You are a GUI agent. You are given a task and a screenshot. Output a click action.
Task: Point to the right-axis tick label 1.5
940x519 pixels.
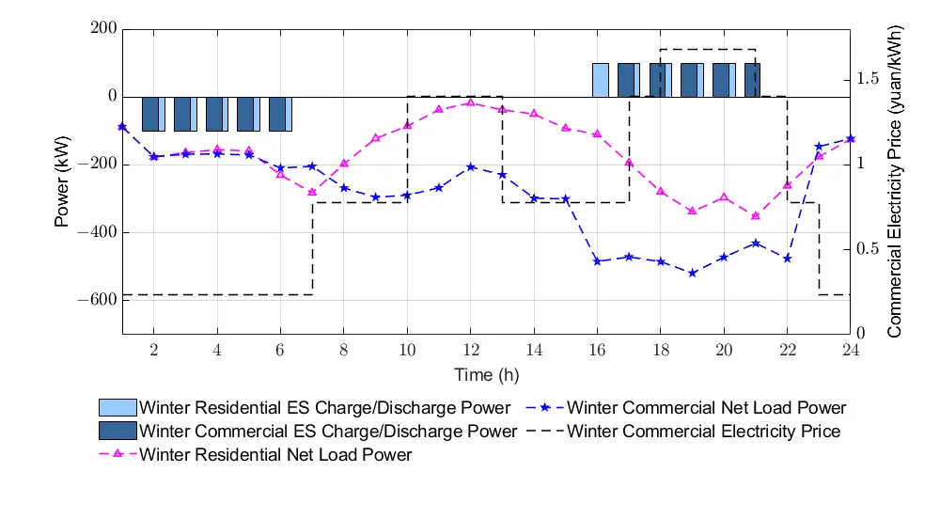868,79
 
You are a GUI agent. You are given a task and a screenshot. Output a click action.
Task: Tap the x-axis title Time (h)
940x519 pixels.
487,375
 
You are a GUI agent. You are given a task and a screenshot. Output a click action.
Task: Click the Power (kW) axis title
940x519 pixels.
63,181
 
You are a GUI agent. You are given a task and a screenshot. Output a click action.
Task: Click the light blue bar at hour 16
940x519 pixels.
600,80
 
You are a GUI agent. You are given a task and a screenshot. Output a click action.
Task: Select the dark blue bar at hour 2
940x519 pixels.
150,114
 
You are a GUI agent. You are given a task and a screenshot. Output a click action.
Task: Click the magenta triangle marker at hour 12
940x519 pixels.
470,102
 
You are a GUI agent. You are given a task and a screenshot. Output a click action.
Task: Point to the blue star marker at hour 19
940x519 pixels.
692,273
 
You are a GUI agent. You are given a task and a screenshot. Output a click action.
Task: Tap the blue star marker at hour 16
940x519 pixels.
597,260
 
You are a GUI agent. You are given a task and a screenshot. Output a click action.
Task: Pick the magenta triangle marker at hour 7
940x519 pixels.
312,192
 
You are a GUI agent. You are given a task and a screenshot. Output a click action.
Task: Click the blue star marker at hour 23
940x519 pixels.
819,146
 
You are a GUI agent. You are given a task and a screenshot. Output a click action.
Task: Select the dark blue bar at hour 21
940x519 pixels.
751,80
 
